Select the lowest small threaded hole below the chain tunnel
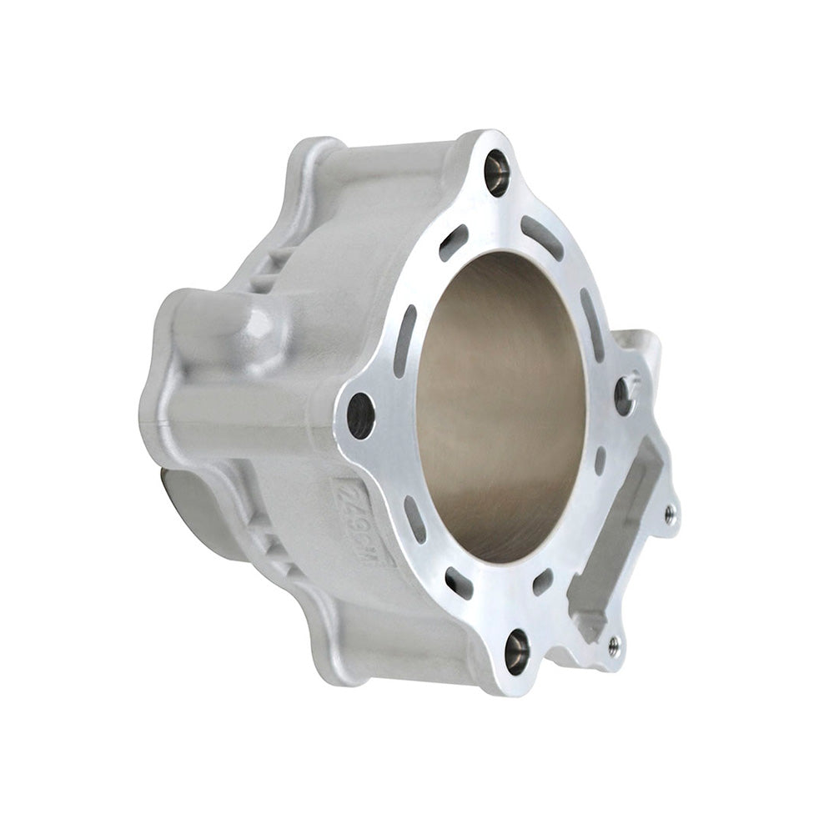point(615,641)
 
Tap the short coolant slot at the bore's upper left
point(454,242)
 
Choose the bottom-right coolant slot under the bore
point(543,581)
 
